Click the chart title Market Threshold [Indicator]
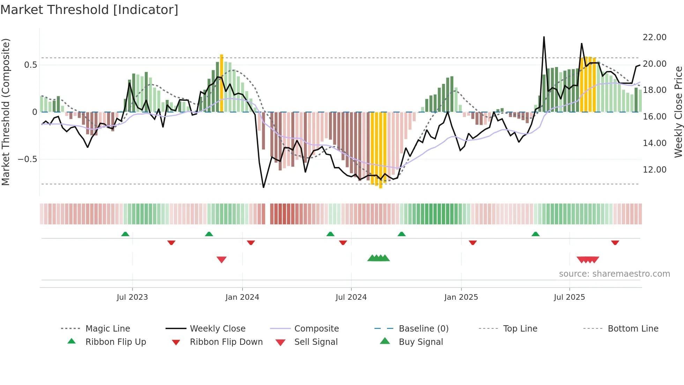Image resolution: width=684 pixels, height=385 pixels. (x=89, y=10)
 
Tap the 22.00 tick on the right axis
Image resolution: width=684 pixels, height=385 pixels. (x=654, y=37)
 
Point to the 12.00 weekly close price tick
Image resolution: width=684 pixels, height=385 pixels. (x=654, y=170)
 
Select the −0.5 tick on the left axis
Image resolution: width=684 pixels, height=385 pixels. (x=27, y=159)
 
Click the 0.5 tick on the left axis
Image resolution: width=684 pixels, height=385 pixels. (x=30, y=65)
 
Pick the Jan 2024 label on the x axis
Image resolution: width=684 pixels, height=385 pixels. (x=242, y=297)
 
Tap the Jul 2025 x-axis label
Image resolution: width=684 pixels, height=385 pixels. (x=569, y=297)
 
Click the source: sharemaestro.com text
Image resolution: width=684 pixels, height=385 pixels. (x=614, y=274)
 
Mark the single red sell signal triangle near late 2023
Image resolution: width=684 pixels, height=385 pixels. (x=222, y=260)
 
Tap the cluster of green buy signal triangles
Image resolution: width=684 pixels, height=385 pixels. (x=378, y=258)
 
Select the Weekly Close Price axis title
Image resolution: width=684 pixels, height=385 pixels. (x=678, y=112)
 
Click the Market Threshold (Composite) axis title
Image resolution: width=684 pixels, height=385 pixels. (x=6, y=112)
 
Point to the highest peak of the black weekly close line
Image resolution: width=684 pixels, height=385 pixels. (x=544, y=37)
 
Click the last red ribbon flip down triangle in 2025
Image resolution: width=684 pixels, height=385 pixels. (x=615, y=242)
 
